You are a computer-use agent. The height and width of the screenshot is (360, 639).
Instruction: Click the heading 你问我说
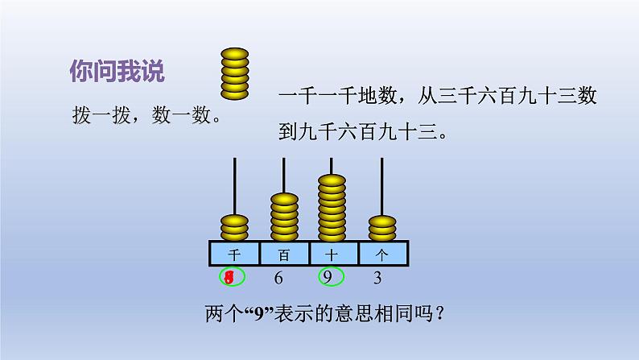(x=117, y=72)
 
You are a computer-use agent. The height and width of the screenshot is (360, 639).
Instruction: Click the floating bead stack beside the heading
(x=236, y=74)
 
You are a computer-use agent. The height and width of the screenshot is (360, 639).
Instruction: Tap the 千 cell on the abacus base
(x=234, y=254)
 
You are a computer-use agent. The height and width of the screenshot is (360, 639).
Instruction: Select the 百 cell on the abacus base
(x=284, y=254)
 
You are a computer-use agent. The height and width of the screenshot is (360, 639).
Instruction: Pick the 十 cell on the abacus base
(x=334, y=254)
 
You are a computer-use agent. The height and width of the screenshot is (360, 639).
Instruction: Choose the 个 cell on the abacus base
(x=383, y=254)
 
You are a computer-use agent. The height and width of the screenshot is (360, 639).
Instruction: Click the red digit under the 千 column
(x=230, y=279)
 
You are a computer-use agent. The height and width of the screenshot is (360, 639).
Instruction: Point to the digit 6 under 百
(x=278, y=279)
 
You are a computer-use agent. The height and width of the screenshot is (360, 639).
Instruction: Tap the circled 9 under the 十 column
(x=328, y=279)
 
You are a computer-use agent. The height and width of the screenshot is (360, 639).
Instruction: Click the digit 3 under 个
(x=377, y=279)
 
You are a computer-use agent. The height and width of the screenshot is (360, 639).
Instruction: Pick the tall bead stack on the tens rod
(x=333, y=207)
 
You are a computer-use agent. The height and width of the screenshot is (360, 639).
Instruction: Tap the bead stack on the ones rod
(x=383, y=227)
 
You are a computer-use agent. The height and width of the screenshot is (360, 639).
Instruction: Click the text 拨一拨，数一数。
(x=145, y=116)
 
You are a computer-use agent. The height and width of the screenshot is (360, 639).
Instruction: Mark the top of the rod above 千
(x=234, y=161)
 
